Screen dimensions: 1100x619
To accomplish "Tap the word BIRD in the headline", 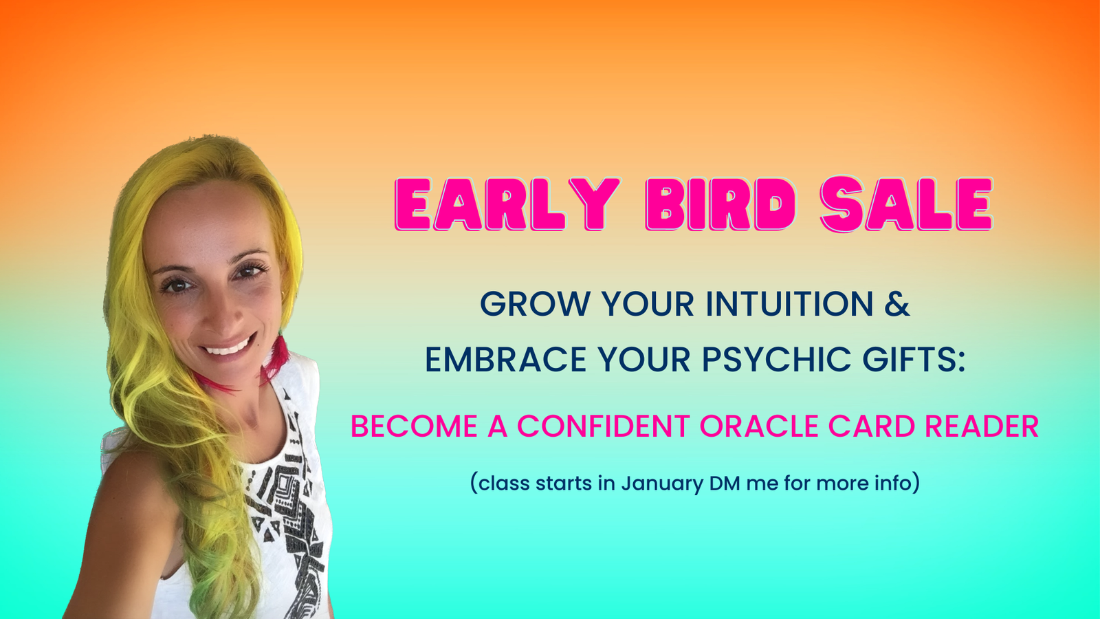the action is tap(721, 204).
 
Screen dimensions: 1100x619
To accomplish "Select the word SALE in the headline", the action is tap(907, 204).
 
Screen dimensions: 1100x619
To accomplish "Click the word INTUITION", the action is tap(789, 304).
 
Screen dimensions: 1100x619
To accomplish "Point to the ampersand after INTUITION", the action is tap(897, 304).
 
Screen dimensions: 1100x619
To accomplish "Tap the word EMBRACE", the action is tap(506, 359).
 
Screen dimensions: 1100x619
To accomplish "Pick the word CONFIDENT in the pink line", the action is tap(603, 426).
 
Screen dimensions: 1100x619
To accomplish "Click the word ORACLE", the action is tap(759, 426).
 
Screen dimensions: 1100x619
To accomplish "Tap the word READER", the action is tap(982, 426).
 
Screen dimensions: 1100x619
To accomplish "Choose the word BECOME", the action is tap(414, 426).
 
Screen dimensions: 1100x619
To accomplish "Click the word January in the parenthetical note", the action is tap(663, 484).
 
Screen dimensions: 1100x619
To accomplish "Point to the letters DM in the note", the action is tap(725, 483).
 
